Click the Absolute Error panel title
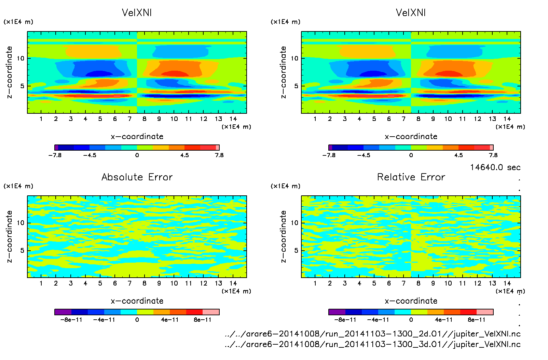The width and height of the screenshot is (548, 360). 137,177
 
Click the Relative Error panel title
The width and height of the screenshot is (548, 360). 411,177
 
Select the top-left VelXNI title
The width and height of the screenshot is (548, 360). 137,13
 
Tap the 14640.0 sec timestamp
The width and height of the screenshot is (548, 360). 495,167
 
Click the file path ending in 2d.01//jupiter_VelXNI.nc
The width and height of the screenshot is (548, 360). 373,334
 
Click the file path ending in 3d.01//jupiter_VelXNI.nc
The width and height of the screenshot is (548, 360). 373,344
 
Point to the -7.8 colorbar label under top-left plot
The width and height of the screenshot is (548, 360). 55,155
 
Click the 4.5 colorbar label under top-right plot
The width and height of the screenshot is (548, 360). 458,155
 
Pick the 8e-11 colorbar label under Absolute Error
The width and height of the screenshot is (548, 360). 203,320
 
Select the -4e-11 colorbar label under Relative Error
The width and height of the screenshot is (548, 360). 378,320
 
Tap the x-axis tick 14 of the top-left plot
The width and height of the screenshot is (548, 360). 233,119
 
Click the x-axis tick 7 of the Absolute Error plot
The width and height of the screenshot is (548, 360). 129,283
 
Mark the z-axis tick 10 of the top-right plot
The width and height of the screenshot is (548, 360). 294,58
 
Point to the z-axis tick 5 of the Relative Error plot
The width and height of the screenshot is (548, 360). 296,250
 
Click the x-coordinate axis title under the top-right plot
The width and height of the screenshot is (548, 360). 411,137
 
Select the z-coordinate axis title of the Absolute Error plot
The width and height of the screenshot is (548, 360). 10,236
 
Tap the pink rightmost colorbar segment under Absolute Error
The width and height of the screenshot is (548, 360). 211,312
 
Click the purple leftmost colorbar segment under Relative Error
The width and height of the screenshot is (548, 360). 337,312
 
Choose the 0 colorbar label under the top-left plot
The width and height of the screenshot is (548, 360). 137,155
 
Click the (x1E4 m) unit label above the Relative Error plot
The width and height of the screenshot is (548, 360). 286,186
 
